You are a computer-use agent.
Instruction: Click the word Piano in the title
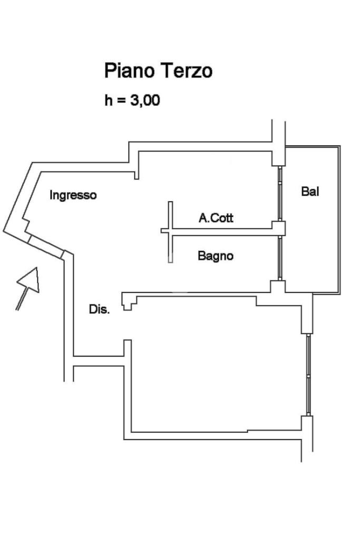(127, 71)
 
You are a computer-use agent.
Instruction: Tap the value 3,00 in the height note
(144, 100)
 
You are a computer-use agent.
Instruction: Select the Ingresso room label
(73, 195)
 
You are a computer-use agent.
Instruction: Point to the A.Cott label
(216, 217)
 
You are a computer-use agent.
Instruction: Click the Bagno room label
(216, 256)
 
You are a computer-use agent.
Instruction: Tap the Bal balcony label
(310, 191)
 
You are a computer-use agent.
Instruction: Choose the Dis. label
(99, 310)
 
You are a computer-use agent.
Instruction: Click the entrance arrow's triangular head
(31, 279)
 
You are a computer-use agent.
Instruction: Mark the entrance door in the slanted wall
(45, 246)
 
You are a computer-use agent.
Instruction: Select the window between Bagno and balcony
(280, 258)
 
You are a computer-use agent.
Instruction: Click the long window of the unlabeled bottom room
(308, 374)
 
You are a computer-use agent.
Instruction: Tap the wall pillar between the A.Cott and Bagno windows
(278, 228)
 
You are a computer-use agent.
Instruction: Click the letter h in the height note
(108, 100)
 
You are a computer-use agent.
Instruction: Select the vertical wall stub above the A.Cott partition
(170, 215)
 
